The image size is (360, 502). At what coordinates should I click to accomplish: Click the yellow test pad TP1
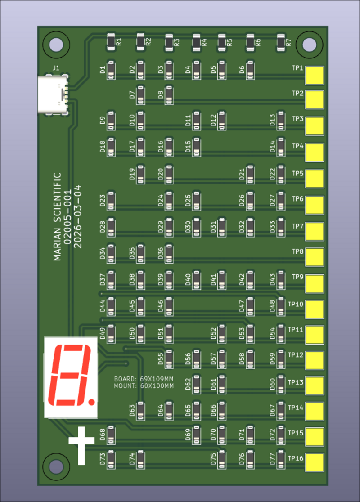coord(315,75)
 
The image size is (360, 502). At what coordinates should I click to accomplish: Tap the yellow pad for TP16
coord(315,462)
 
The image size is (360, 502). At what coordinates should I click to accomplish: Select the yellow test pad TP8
coord(315,256)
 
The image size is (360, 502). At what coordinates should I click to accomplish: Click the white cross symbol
coord(81,445)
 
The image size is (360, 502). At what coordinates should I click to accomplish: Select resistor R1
coord(111,42)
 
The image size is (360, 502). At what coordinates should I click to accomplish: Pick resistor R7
coord(281,42)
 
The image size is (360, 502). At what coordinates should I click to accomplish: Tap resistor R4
coord(197,42)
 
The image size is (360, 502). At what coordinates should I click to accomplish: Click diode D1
coord(111,70)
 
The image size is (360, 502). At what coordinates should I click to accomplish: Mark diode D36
coord(169,253)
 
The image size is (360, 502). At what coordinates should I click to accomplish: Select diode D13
coord(281,120)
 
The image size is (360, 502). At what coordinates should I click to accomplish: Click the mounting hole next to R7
coord(309,44)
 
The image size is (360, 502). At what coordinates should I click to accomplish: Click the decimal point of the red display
coord(92,400)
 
